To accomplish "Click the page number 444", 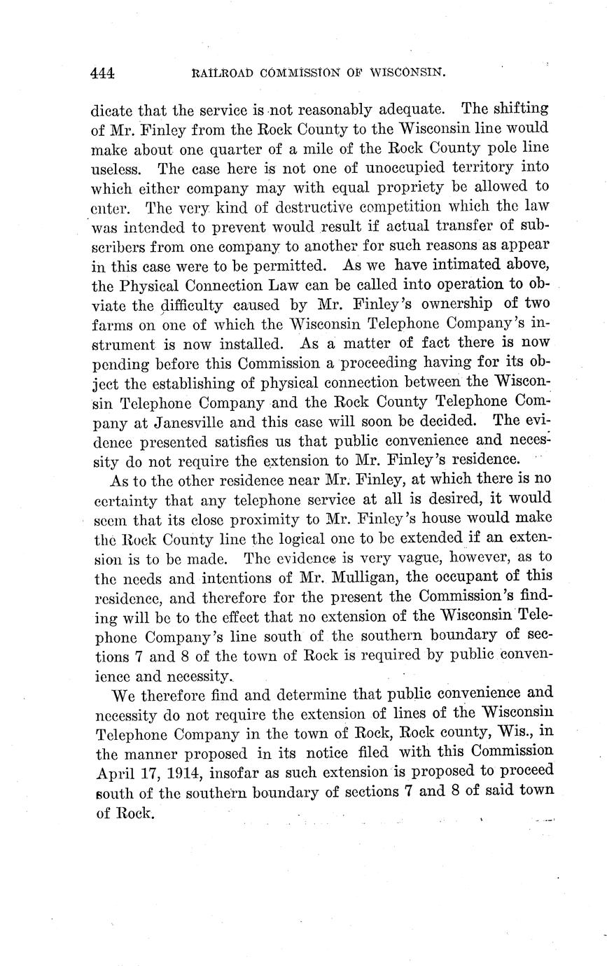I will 102,72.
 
